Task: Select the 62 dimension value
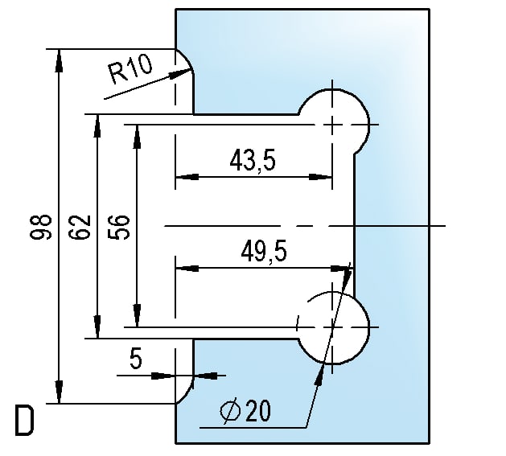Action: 79,228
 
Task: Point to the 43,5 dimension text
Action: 252,162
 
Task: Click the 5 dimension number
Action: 136,359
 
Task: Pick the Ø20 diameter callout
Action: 247,412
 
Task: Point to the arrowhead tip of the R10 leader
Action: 188,72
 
